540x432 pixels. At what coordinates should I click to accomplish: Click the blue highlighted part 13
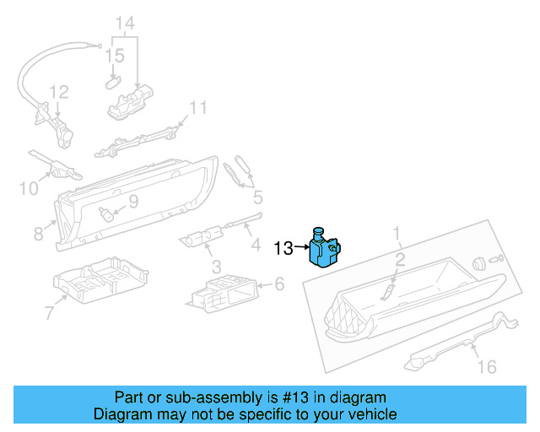tap(324, 250)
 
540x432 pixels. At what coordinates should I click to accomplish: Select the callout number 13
tap(283, 248)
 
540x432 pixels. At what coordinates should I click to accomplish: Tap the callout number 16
tap(487, 367)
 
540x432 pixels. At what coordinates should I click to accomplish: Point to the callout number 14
tap(125, 24)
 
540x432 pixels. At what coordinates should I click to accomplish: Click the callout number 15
tap(114, 56)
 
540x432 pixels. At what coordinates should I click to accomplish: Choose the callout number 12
tap(57, 91)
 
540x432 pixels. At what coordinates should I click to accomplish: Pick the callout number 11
tap(197, 107)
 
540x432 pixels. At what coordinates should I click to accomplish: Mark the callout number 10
tap(29, 188)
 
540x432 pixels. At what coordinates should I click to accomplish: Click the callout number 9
tap(132, 201)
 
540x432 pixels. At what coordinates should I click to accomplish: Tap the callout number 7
tap(49, 314)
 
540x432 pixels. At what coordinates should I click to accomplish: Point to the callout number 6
tap(280, 283)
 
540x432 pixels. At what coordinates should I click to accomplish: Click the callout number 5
tap(258, 198)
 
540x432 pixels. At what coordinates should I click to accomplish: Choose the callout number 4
tap(256, 246)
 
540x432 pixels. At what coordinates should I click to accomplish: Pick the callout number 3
tap(217, 267)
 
